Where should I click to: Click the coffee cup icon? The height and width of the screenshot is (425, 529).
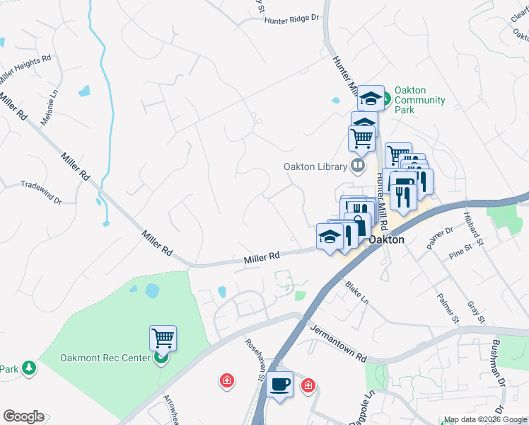tap(281, 384)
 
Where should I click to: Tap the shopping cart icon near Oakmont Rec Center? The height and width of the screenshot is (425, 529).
tap(163, 338)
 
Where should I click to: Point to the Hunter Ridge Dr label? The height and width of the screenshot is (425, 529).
tap(292, 21)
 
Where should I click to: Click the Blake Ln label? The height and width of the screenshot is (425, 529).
tap(357, 291)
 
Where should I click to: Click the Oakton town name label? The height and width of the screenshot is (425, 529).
tap(386, 239)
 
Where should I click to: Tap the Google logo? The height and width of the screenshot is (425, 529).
tap(23, 416)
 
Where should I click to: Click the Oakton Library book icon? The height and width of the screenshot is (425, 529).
tap(359, 166)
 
